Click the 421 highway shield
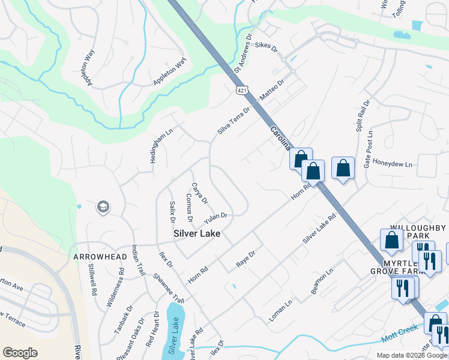[241, 91]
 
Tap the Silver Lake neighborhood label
[197, 233]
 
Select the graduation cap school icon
[103, 207]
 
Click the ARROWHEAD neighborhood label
[100, 257]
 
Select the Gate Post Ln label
[369, 149]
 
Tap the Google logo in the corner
[20, 353]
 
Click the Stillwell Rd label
[93, 281]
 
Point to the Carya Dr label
[199, 193]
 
